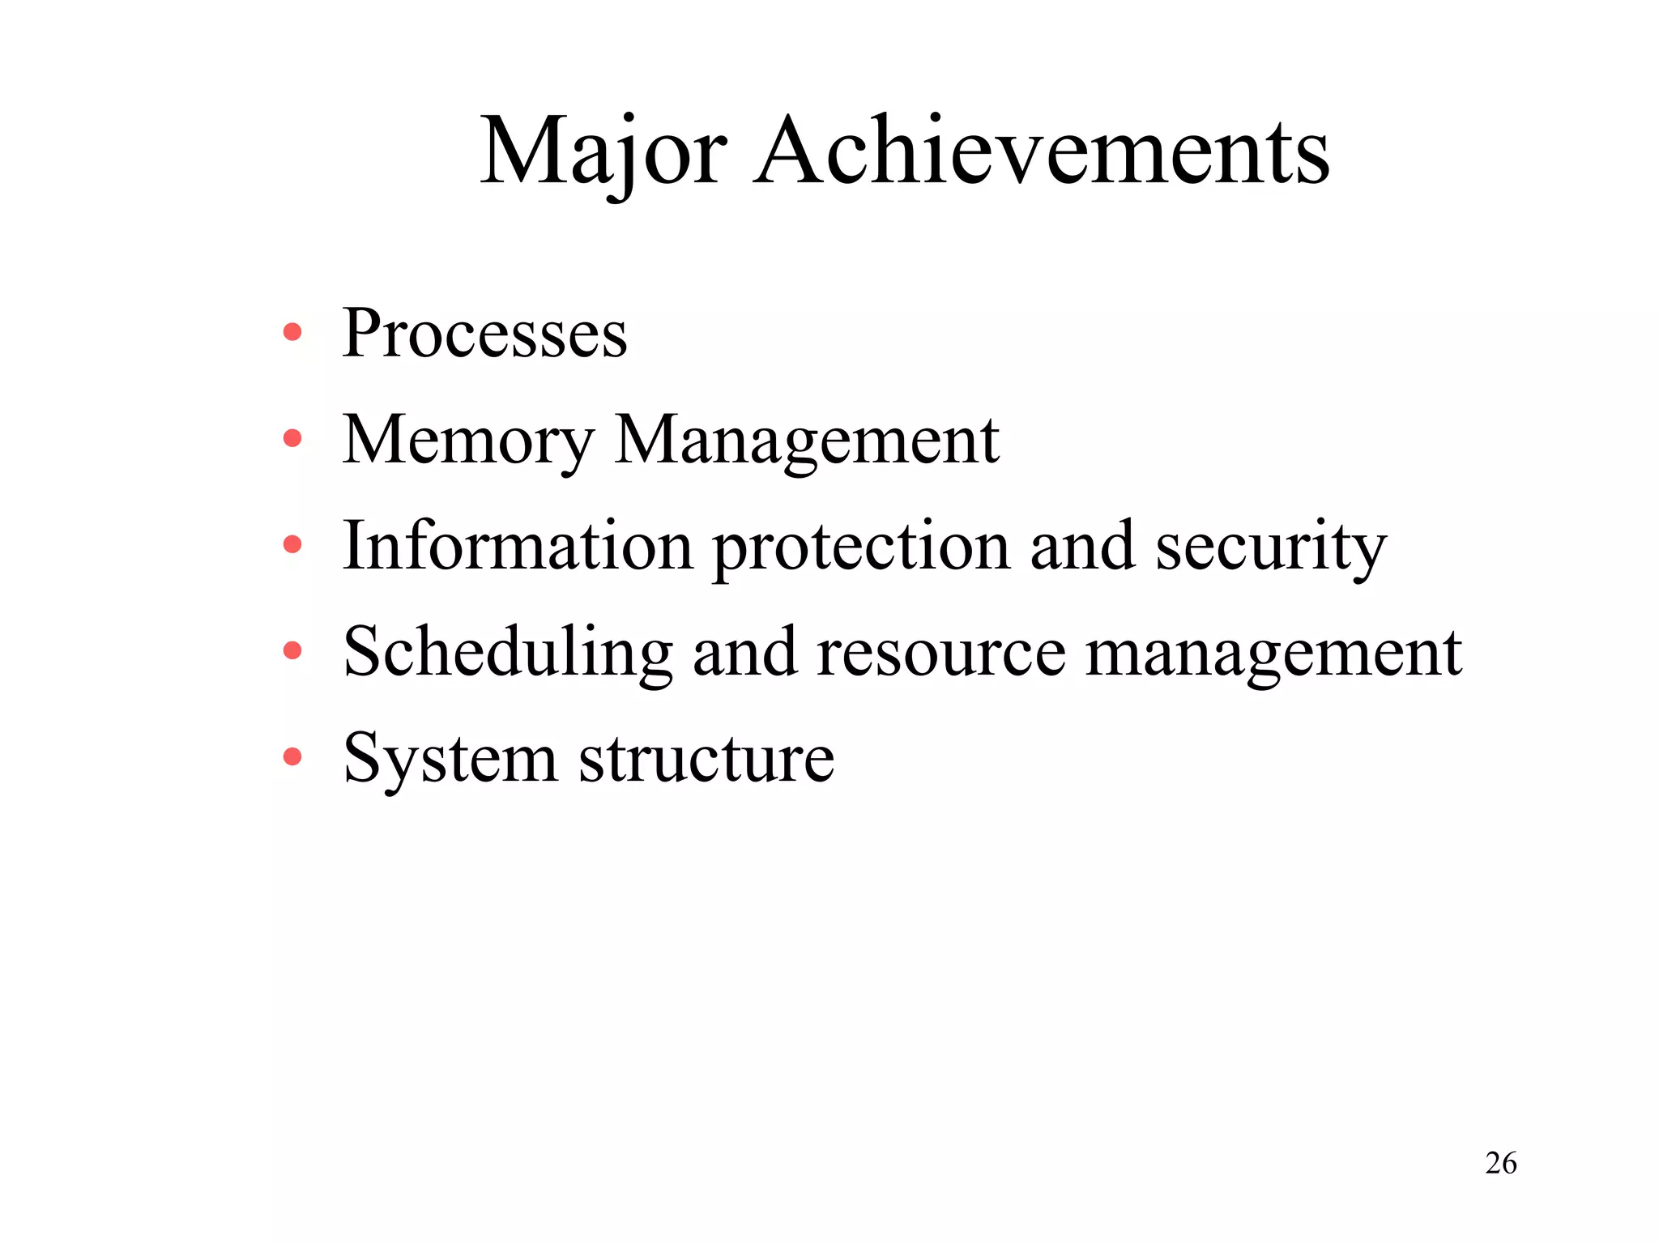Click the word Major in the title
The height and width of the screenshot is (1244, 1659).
[x=603, y=152]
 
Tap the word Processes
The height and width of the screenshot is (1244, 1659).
[x=484, y=334]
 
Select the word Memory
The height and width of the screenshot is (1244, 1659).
[x=467, y=441]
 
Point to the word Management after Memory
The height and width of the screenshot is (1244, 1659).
[x=807, y=441]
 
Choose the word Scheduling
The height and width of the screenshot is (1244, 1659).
[x=508, y=653]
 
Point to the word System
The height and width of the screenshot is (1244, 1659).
[x=450, y=760]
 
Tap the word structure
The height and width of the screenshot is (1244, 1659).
[x=706, y=760]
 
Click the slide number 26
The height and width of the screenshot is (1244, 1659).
[x=1500, y=1163]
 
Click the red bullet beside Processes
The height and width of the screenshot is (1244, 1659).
[x=292, y=332]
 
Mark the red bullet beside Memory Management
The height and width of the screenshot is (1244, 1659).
[x=292, y=439]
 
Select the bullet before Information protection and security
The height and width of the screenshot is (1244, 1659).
[x=292, y=545]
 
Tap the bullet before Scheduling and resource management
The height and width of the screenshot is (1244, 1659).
[x=292, y=651]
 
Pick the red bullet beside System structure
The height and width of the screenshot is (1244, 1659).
[x=292, y=757]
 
